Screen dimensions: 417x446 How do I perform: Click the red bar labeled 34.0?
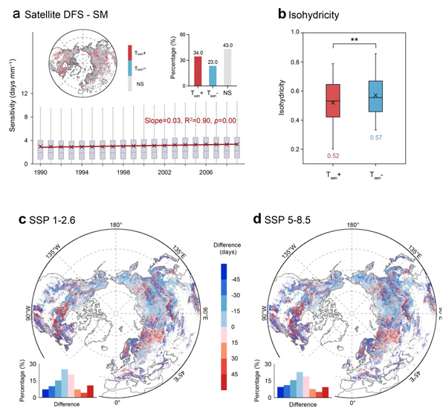pos(198,71)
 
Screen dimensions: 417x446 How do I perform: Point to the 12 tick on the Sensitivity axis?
pos(26,94)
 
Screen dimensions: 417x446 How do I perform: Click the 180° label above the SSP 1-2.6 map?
pos(116,225)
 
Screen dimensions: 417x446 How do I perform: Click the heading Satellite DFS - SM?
pos(72,14)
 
